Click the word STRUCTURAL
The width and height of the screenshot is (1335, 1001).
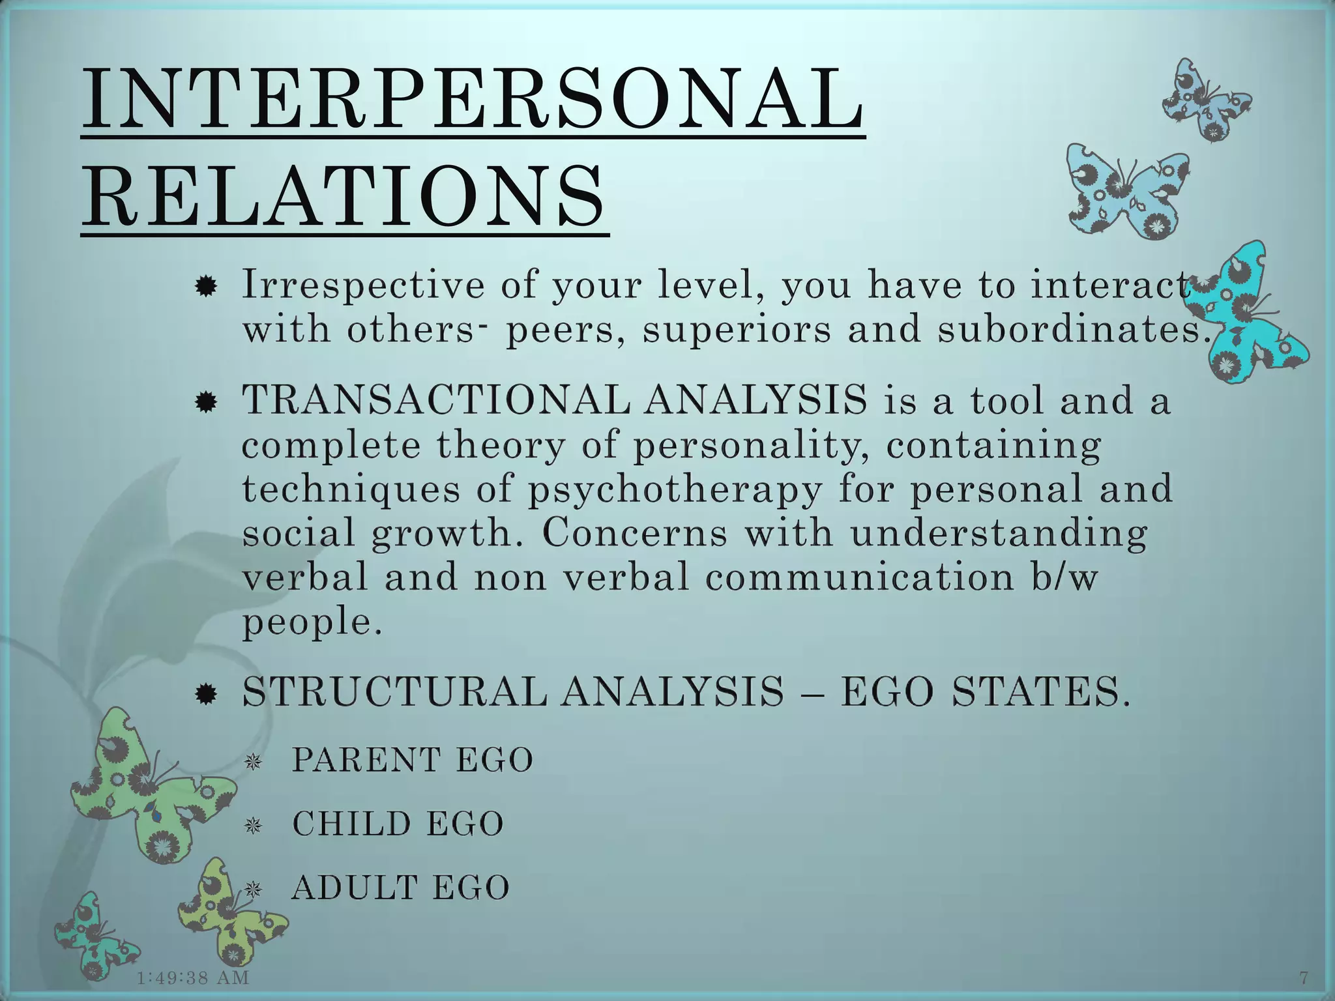[x=394, y=691]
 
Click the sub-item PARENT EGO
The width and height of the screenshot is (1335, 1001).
[x=413, y=760]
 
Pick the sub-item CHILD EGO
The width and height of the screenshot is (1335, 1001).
[x=398, y=824]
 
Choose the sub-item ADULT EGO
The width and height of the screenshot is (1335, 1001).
[x=400, y=888]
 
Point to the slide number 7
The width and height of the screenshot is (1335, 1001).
[x=1304, y=978]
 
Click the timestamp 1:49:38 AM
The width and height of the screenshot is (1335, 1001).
[x=193, y=978]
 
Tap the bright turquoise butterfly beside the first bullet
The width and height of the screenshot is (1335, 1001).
[x=1255, y=313]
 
